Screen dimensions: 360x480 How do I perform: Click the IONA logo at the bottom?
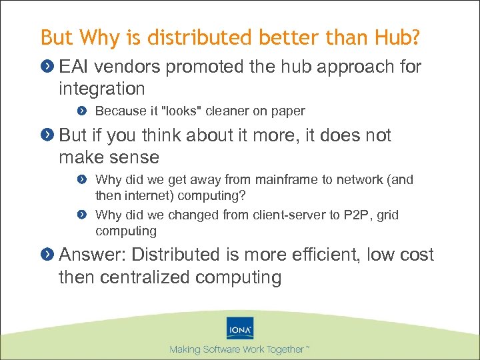[x=240, y=328]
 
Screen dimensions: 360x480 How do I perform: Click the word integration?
[x=101, y=89]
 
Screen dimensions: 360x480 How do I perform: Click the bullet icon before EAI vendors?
[x=48, y=67]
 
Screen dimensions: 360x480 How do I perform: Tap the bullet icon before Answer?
[x=48, y=255]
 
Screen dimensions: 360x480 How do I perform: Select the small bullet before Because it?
[x=81, y=111]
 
